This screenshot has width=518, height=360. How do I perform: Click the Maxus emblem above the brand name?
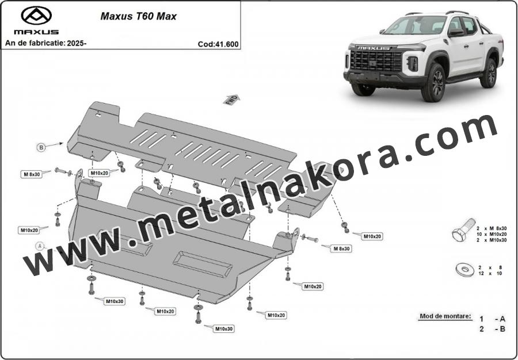36,16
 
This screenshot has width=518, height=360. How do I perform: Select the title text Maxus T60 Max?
138,16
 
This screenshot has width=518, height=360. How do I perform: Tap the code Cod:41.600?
218,44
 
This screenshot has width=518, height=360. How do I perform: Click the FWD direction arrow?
231,99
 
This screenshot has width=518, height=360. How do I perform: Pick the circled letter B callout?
41,147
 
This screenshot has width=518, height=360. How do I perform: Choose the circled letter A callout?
40,246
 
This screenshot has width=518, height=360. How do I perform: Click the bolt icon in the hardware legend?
463,229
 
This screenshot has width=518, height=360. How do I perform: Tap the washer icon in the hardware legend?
465,269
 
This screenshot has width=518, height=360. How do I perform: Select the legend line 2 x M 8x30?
492,228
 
